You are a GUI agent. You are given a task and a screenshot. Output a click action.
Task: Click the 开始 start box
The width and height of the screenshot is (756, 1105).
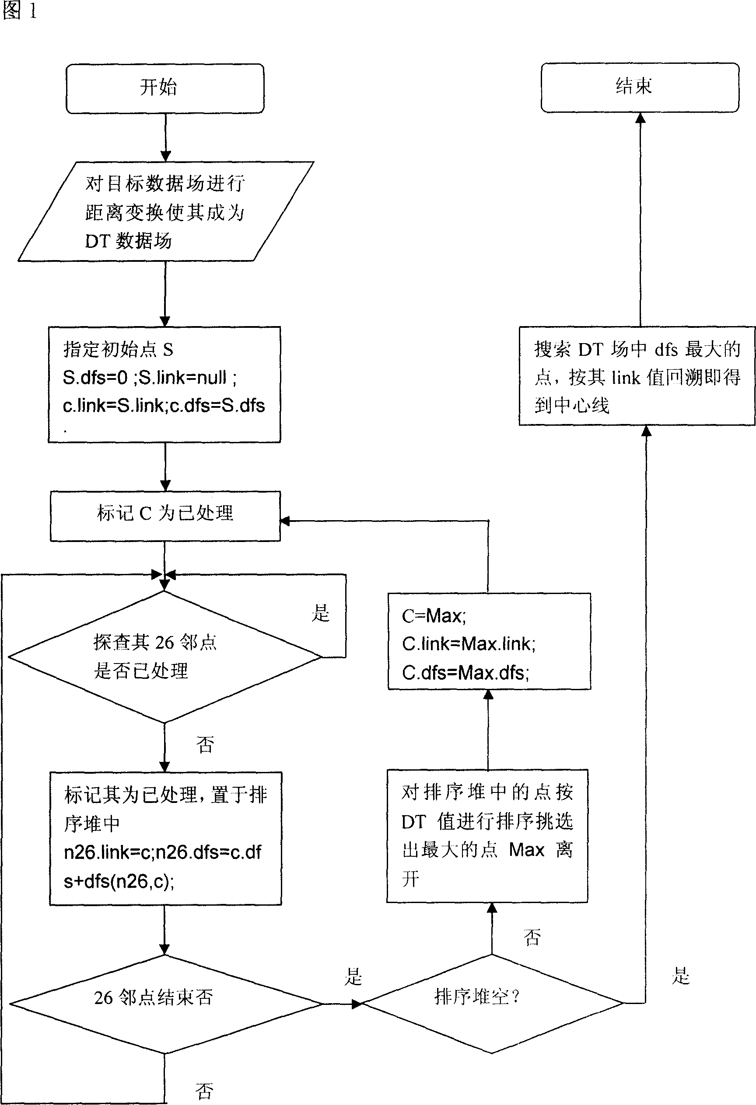[x=165, y=88]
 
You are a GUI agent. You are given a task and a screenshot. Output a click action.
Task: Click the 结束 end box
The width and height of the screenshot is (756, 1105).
[x=640, y=87]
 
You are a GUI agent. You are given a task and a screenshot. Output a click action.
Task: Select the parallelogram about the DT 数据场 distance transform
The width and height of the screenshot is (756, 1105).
[x=165, y=212]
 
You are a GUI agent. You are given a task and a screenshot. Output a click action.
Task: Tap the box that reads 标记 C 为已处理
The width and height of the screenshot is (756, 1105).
[x=165, y=516]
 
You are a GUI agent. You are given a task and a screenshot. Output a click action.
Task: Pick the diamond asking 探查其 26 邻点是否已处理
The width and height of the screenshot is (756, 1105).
[x=164, y=657]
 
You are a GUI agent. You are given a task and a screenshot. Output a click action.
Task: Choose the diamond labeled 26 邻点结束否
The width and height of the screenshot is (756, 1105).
[x=165, y=1004]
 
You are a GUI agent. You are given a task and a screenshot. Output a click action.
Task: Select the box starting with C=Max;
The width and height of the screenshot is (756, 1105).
[x=489, y=641]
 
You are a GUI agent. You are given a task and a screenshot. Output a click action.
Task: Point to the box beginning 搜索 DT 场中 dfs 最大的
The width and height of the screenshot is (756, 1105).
[x=637, y=375]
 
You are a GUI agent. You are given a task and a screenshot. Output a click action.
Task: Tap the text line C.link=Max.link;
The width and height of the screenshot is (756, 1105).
[x=469, y=644]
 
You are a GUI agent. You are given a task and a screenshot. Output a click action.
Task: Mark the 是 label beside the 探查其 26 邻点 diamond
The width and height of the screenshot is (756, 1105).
[x=320, y=613]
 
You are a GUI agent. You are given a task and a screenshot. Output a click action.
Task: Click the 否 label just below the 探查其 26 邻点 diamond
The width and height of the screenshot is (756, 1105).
[x=205, y=744]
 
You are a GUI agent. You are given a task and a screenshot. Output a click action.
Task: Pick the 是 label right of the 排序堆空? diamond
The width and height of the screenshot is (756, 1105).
[x=680, y=976]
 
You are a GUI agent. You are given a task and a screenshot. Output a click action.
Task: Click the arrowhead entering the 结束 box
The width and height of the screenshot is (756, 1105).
[x=640, y=118]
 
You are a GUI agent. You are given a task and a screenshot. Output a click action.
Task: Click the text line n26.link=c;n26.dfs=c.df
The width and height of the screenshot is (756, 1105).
[x=162, y=852]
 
